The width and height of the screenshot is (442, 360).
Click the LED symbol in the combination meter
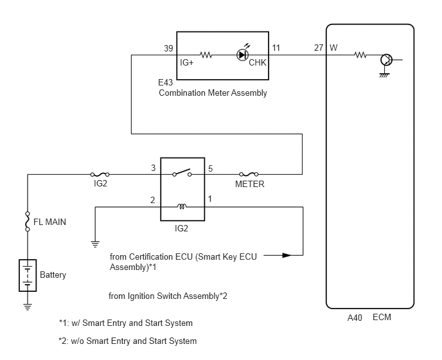(242, 54)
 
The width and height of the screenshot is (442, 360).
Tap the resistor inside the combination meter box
(206, 55)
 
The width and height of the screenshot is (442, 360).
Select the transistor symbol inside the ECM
(387, 60)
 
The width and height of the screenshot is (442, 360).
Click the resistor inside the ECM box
(360, 55)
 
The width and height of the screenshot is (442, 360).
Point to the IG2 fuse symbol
(100, 174)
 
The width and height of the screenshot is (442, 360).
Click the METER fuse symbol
(249, 174)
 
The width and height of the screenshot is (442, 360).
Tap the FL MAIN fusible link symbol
(28, 222)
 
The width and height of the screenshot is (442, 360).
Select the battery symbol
(28, 275)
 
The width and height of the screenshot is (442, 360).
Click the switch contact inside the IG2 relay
(182, 173)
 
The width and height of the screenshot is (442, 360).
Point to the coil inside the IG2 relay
(182, 206)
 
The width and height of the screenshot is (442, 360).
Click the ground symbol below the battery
(28, 307)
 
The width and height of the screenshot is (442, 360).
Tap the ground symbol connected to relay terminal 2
(95, 244)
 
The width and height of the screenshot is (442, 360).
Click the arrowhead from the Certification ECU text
(287, 255)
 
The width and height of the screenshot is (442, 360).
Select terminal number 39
(168, 48)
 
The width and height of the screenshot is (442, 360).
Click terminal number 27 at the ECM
(319, 48)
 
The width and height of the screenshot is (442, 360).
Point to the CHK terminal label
(258, 62)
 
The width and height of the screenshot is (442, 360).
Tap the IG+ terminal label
(186, 62)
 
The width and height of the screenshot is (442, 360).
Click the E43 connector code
(166, 82)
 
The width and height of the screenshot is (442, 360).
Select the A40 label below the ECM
(355, 318)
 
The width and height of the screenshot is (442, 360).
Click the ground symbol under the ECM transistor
(384, 75)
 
